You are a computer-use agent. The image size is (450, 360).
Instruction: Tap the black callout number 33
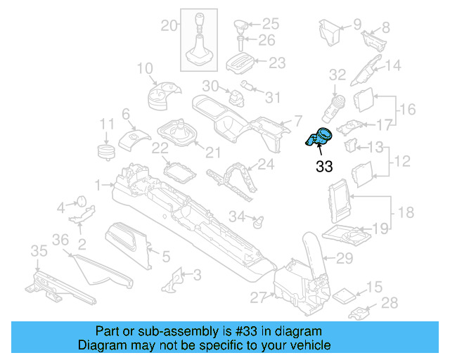pos(324,167)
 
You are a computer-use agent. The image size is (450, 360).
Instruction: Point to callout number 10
pos(144,68)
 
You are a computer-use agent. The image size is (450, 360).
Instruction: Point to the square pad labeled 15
pos(345,294)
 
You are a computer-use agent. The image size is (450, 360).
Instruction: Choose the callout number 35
pos(38,251)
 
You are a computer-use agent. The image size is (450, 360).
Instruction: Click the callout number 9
pos(356,24)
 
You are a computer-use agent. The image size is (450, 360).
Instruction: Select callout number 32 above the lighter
pos(337,74)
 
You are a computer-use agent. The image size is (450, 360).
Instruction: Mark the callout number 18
pos(406,212)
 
